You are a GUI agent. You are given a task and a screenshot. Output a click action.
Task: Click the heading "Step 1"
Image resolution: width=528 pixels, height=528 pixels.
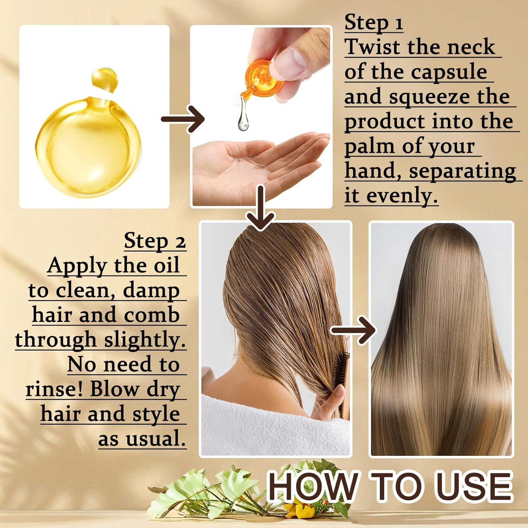(373, 23)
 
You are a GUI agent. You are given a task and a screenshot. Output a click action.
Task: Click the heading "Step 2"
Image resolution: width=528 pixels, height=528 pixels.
(155, 241)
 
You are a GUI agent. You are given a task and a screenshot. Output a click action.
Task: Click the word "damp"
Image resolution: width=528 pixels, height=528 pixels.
(151, 290)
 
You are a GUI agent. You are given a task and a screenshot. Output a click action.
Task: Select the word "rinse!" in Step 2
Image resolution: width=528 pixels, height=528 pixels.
(55, 389)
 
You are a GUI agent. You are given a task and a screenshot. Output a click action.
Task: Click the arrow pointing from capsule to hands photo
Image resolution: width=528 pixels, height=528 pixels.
(183, 119)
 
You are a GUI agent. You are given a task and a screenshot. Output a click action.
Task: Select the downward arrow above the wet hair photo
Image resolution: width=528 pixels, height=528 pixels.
(260, 208)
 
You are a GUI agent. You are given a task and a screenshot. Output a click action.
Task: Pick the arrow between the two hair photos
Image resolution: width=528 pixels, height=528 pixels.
(353, 330)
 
